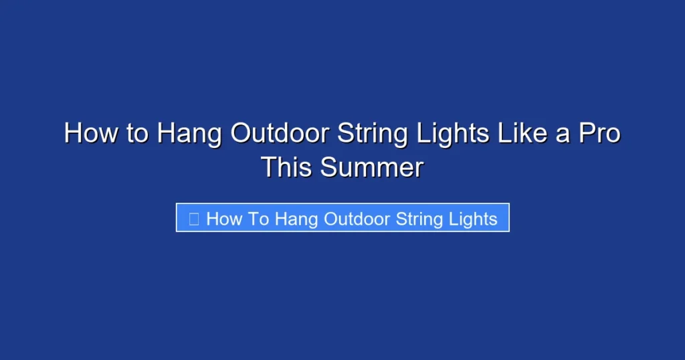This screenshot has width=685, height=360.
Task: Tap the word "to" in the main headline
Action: click(x=137, y=133)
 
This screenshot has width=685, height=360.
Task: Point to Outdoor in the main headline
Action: click(x=280, y=133)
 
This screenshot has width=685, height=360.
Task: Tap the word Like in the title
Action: click(x=525, y=133)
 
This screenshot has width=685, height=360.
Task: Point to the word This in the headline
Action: click(x=287, y=167)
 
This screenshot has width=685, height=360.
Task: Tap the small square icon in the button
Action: click(x=194, y=219)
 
